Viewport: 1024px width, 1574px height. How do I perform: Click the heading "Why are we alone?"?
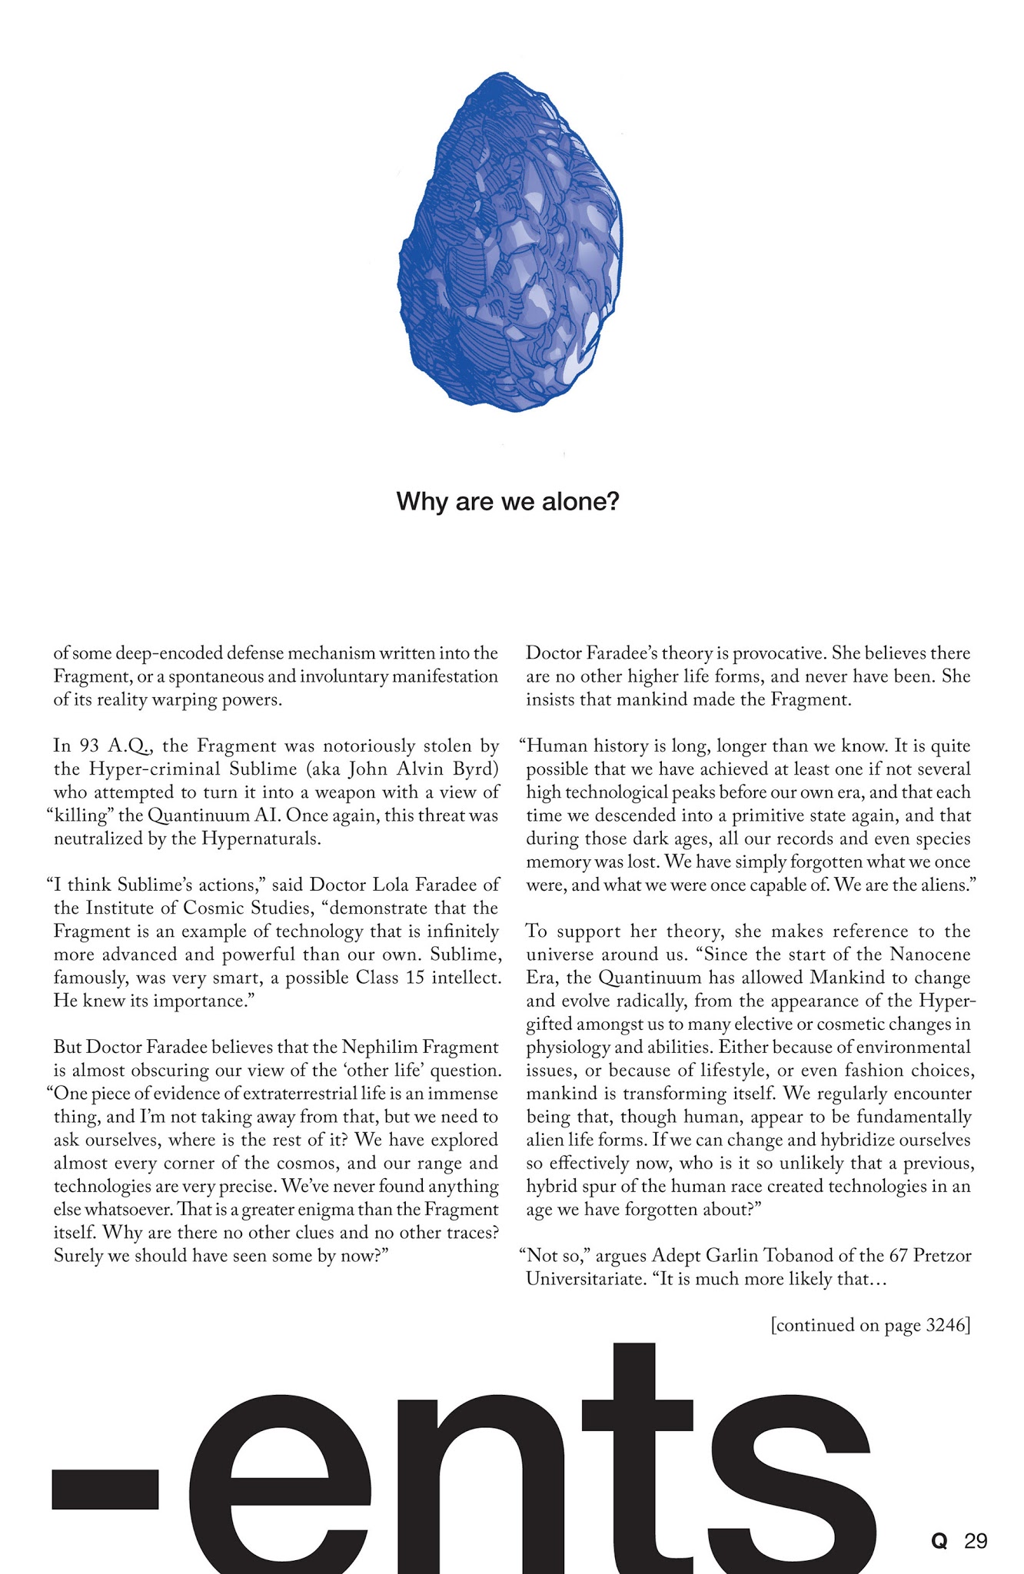[x=507, y=502]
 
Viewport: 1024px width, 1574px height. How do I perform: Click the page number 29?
[x=976, y=1540]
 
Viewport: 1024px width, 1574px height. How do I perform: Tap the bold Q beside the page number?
[x=938, y=1540]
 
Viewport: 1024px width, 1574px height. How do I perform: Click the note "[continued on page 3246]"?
[x=869, y=1325]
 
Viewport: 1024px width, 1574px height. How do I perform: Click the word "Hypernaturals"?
[x=261, y=838]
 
